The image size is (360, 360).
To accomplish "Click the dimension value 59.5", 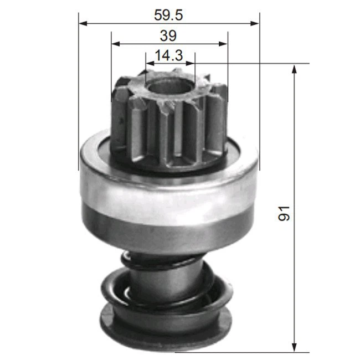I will [x=168, y=15].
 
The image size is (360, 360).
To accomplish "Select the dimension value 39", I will [x=168, y=36].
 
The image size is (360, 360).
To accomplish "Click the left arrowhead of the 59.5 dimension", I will [x=83, y=23].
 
